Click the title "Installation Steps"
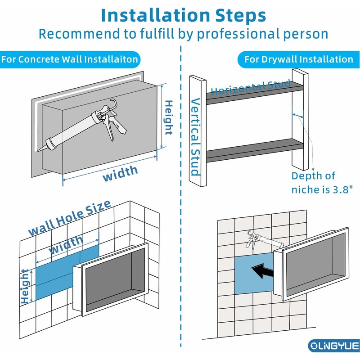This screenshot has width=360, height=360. pyautogui.click(x=183, y=15)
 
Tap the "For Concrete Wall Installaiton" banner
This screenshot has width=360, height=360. pyautogui.click(x=69, y=59)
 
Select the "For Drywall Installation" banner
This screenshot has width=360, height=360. pyautogui.click(x=298, y=59)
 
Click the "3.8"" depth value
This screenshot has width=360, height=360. pyautogui.click(x=341, y=189)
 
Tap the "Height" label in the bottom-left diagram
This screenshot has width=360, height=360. pyautogui.click(x=26, y=286)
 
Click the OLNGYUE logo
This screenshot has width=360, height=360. pyautogui.click(x=334, y=346)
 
